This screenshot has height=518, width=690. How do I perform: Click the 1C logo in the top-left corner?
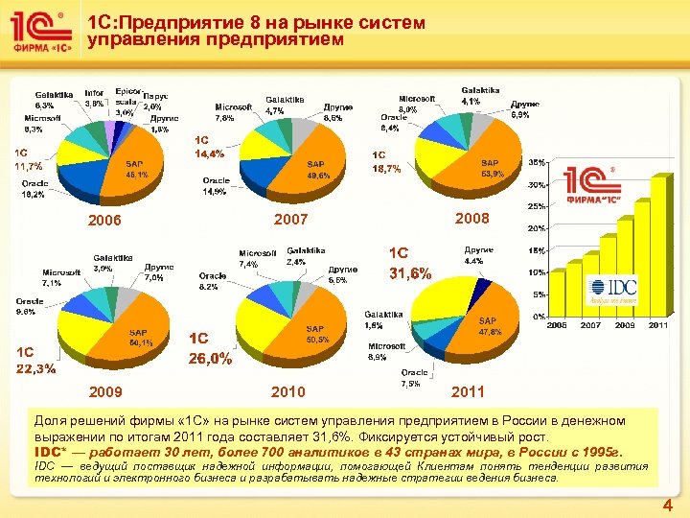click(41, 34)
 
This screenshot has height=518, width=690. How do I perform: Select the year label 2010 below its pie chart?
click(287, 391)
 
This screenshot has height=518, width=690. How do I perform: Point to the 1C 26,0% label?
click(210, 348)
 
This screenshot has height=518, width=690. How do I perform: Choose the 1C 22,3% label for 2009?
click(34, 360)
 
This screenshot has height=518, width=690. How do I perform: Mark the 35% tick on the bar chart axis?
click(538, 162)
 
